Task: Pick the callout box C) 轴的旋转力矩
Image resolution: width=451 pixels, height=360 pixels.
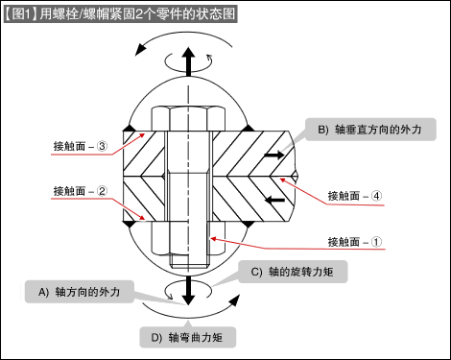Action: click(x=292, y=273)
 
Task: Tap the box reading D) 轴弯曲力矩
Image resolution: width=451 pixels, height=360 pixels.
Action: click(x=187, y=337)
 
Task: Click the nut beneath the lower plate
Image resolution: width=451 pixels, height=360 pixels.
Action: click(x=188, y=244)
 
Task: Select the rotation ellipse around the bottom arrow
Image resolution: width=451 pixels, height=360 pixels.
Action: click(x=188, y=292)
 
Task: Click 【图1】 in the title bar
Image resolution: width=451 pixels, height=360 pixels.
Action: click(x=21, y=13)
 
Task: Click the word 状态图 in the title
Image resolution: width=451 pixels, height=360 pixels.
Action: click(x=213, y=13)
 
